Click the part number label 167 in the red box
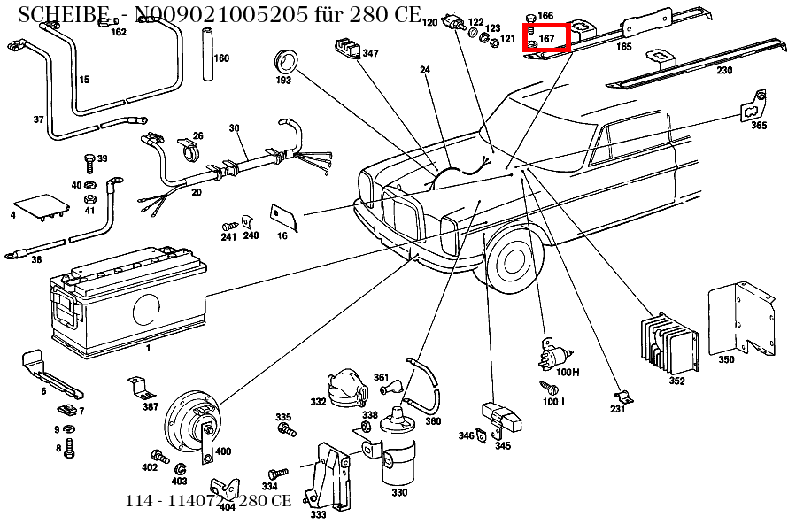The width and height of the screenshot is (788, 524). [546, 39]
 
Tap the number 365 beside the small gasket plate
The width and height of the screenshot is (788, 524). [759, 126]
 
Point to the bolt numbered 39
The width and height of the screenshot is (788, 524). [89, 161]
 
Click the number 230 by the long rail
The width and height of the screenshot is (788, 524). [724, 71]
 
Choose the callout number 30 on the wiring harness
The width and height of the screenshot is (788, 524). [234, 128]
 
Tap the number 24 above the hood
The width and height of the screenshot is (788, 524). [425, 70]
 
